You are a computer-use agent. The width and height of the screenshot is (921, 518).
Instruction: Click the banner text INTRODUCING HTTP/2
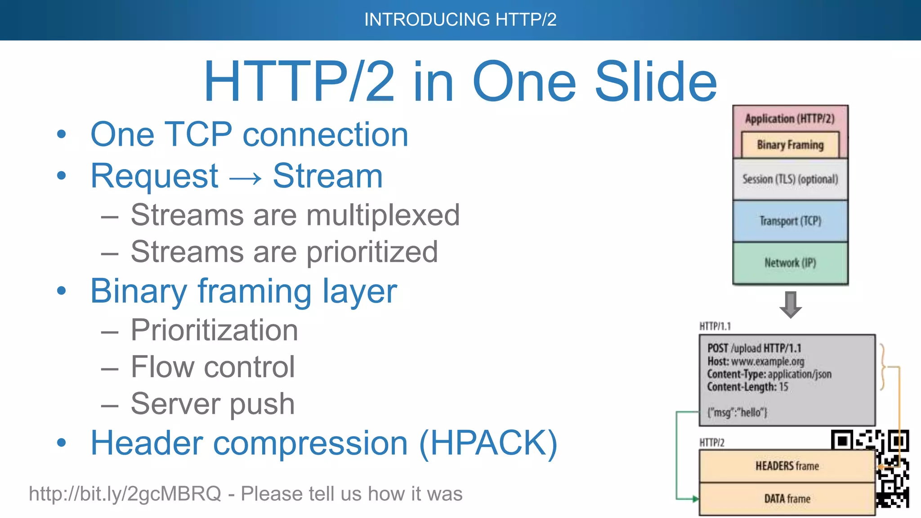click(x=460, y=20)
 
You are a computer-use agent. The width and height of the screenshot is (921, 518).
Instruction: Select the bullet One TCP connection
click(x=249, y=134)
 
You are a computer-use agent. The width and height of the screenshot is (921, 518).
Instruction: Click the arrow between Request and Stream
click(x=245, y=178)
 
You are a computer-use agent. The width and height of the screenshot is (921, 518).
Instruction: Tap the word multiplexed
click(x=383, y=215)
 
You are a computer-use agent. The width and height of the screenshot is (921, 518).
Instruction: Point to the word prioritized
click(x=372, y=252)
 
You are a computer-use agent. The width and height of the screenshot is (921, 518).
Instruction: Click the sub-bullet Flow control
click(x=213, y=367)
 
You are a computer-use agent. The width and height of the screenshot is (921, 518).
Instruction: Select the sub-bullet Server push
click(x=213, y=404)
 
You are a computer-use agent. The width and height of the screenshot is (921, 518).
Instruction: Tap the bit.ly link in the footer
click(x=125, y=494)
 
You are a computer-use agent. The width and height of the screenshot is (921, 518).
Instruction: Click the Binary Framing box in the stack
click(x=790, y=145)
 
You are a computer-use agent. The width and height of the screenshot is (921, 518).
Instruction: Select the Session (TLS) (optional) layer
click(x=790, y=179)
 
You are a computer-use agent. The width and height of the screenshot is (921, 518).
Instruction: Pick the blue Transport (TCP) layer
click(x=790, y=221)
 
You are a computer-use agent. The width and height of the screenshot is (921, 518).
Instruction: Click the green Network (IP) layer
click(x=790, y=263)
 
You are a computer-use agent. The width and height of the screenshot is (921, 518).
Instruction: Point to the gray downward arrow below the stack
click(x=790, y=305)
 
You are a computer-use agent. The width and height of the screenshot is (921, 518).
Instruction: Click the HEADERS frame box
click(x=787, y=466)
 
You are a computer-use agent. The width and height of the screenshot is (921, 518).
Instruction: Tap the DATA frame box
click(x=787, y=499)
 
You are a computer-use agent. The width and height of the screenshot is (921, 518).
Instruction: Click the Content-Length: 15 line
click(x=747, y=387)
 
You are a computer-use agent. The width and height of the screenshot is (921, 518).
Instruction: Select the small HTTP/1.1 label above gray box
click(x=715, y=326)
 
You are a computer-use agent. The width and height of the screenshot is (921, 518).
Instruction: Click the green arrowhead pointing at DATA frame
click(x=695, y=499)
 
